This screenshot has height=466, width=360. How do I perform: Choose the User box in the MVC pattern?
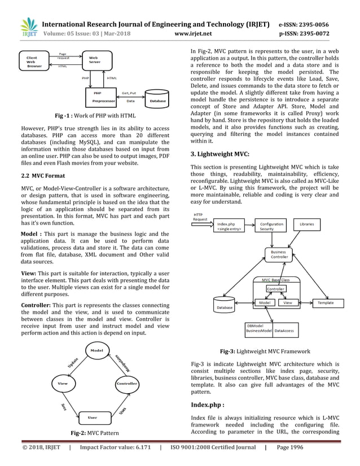point(93,417)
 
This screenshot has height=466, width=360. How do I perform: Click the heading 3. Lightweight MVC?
point(219,153)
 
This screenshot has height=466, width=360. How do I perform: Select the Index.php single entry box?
point(230,227)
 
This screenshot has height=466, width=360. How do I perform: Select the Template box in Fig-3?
point(326,303)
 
